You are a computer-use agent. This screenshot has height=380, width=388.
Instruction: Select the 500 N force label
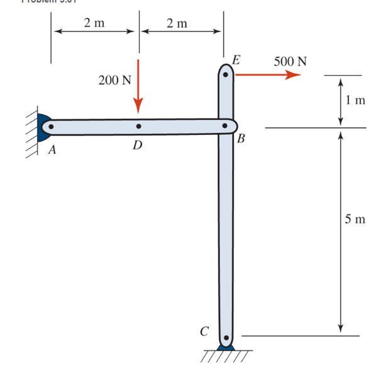click(291, 62)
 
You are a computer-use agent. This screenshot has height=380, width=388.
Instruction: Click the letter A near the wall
click(52, 151)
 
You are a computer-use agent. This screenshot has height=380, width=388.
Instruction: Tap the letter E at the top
click(236, 60)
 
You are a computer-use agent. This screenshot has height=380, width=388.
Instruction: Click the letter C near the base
click(204, 330)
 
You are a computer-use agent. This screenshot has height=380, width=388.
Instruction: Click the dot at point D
click(138, 127)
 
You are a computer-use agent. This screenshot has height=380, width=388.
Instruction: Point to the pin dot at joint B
click(225, 127)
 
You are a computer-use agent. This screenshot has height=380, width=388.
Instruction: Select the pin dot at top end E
click(226, 74)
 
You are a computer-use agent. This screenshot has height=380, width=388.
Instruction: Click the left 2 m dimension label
click(94, 23)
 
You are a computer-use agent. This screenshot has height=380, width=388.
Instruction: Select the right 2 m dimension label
click(177, 23)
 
